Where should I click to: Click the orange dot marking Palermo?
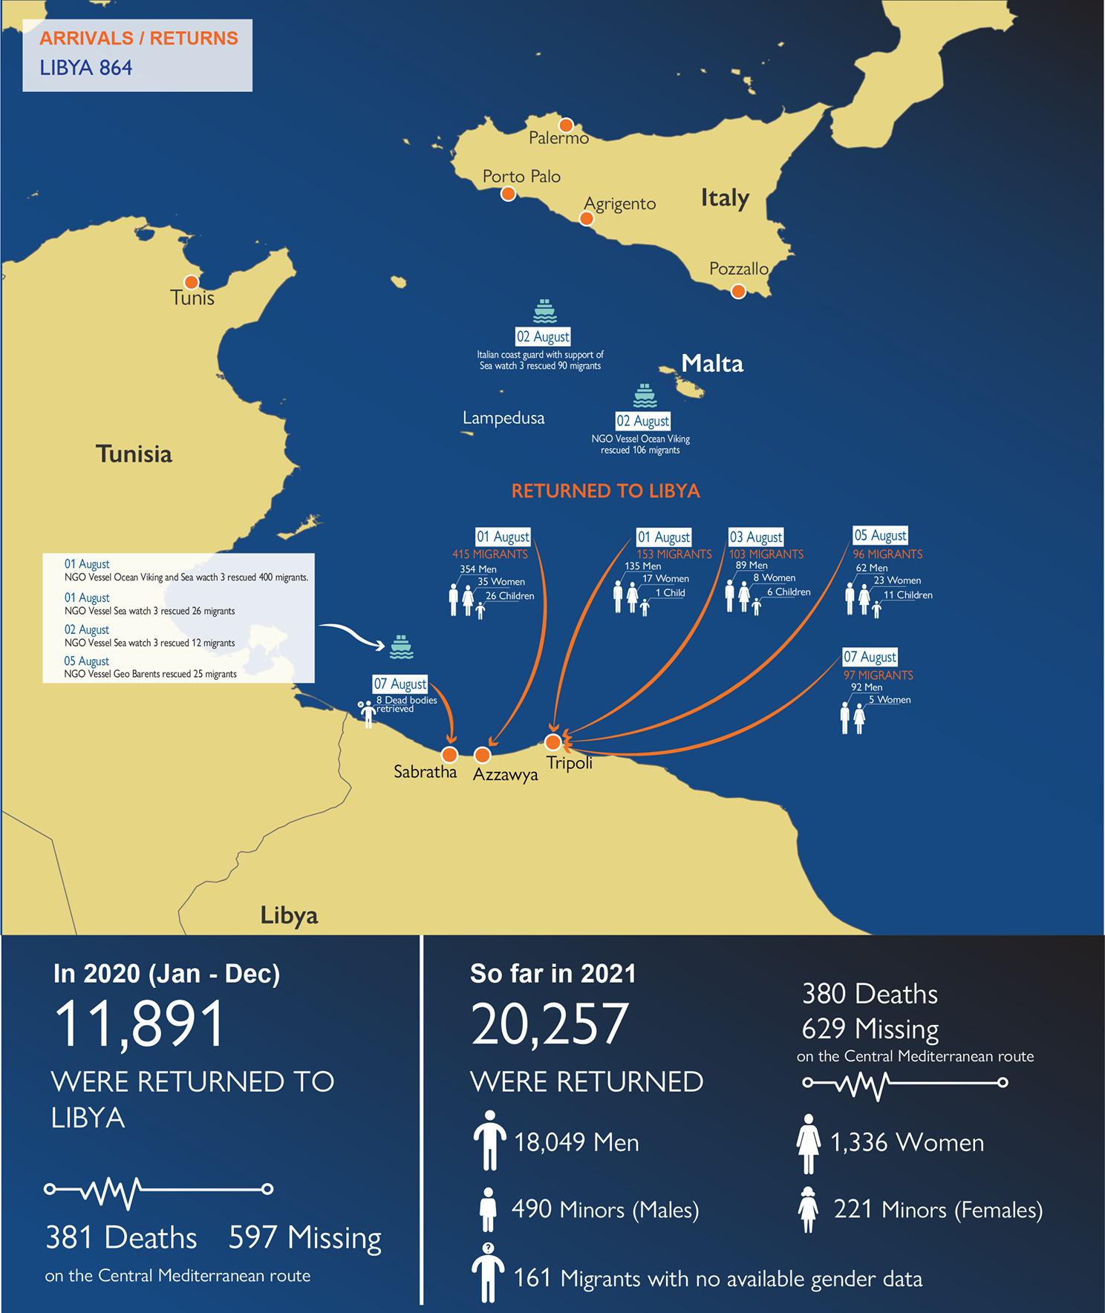566,125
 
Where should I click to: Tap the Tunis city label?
192,298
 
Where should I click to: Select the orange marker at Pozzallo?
738,292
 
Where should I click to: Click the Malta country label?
712,364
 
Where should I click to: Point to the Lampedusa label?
503,419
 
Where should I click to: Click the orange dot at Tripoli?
553,742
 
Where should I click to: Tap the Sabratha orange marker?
449,755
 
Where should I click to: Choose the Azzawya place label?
506,775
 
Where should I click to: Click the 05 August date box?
880,535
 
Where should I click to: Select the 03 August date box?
755,537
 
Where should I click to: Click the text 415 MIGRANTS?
490,554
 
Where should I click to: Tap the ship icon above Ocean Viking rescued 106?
645,396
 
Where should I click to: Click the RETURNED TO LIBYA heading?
605,491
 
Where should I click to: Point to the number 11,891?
140,1024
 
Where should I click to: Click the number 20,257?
550,1024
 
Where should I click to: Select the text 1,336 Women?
907,1143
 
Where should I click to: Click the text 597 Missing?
304,1238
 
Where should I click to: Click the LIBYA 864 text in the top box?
86,68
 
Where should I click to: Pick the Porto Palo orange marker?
508,194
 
